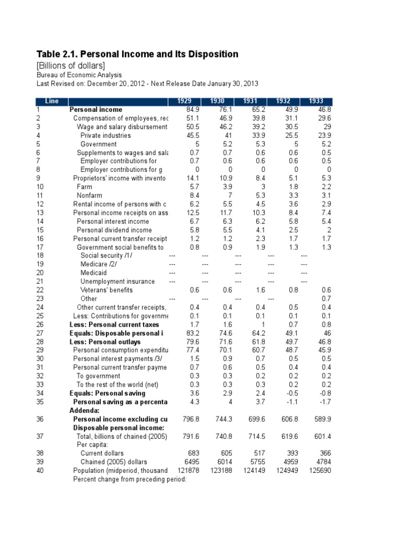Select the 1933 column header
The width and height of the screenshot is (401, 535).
(316, 101)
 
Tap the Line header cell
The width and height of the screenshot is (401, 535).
(52, 101)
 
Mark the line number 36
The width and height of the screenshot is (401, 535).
(40, 419)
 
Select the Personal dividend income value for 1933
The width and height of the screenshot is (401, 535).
(327, 230)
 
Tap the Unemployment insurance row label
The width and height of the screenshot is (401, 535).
(117, 281)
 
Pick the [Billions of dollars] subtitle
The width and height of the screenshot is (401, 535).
(70, 65)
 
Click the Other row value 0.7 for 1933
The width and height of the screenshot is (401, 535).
(327, 298)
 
